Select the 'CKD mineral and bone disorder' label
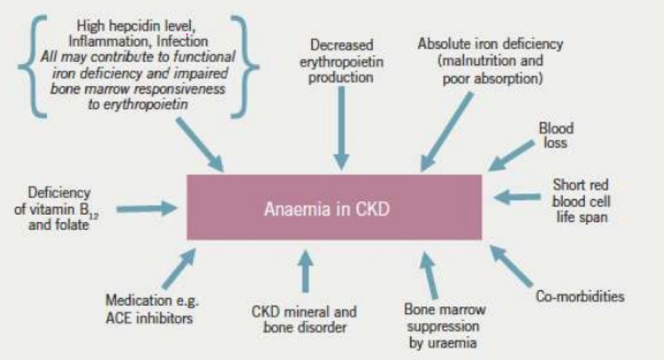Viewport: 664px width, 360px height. (x=305, y=319)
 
